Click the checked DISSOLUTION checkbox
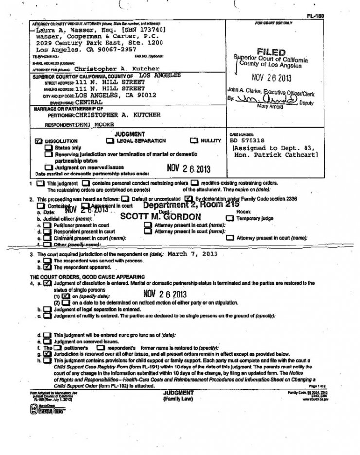[x=38, y=140]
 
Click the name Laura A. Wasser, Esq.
[x=68, y=29]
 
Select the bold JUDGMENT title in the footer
[x=179, y=392]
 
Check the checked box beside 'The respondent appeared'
[x=47, y=267]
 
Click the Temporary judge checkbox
[x=230, y=219]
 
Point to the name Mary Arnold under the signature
[x=270, y=106]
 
